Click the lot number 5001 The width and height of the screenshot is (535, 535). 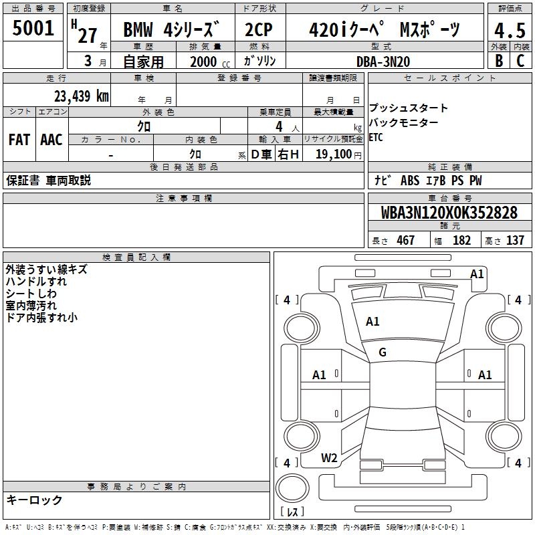33,28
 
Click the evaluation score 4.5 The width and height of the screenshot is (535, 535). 510,31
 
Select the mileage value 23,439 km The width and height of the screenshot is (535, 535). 82,96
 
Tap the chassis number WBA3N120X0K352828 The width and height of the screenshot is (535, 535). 449,213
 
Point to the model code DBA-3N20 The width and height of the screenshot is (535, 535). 383,62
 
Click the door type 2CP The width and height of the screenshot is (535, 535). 259,29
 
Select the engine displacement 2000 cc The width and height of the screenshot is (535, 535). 210,62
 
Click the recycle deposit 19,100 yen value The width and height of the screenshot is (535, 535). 338,154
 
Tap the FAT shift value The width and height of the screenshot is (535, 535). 19,140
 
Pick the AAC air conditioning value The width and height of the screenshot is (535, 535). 51,140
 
